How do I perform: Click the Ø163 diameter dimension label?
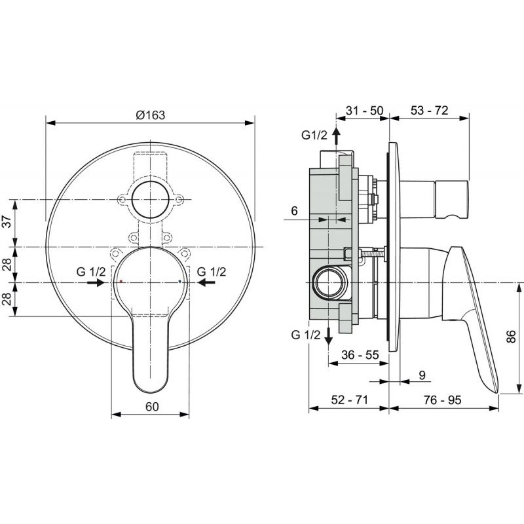pyautogui.click(x=151, y=115)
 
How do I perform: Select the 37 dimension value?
pyautogui.click(x=7, y=221)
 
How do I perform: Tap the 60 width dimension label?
pyautogui.click(x=152, y=407)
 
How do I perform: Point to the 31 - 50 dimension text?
pyautogui.click(x=364, y=110)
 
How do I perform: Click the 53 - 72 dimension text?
pyautogui.click(x=429, y=110)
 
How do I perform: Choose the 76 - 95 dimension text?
pyautogui.click(x=443, y=400)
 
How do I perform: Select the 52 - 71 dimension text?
pyautogui.click(x=349, y=400)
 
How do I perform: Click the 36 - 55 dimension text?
pyautogui.click(x=360, y=354)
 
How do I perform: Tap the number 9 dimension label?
pyautogui.click(x=422, y=375)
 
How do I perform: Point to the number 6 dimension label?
pyautogui.click(x=294, y=211)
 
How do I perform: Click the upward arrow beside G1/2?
pyautogui.click(x=336, y=136)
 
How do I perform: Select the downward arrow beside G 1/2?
pyautogui.click(x=329, y=336)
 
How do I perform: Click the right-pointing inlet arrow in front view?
pyautogui.click(x=96, y=283)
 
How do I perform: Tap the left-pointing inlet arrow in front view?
pyautogui.click(x=206, y=283)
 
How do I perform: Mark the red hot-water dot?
pyautogui.click(x=121, y=282)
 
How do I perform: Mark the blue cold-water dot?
pyautogui.click(x=179, y=282)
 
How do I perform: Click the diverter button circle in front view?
pyautogui.click(x=151, y=200)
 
